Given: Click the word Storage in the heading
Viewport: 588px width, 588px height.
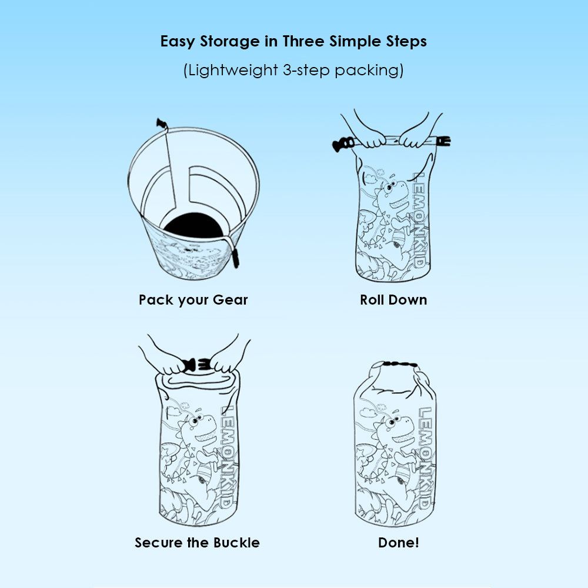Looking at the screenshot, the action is (229, 41).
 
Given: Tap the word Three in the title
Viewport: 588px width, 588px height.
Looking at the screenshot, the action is (303, 41).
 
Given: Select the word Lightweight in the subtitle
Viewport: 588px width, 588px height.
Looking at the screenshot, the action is (232, 70).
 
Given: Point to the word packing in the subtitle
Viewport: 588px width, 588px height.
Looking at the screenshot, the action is (367, 71).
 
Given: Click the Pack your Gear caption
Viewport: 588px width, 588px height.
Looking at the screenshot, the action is (193, 300).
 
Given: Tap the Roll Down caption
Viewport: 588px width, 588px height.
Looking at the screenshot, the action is (393, 300).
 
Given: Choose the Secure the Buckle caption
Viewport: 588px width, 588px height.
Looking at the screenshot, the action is (197, 543).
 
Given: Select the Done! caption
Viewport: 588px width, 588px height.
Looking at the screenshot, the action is (399, 543).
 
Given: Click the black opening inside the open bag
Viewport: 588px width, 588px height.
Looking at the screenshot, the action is (194, 225).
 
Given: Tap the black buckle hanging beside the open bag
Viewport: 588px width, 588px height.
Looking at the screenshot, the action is (235, 258).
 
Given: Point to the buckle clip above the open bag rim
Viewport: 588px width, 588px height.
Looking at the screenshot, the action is (162, 123).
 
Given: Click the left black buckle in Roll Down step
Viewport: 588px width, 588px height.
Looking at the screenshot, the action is (343, 145).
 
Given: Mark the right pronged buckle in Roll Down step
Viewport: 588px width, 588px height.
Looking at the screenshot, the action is (443, 141).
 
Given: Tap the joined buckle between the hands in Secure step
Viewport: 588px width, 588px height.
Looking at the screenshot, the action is (196, 365).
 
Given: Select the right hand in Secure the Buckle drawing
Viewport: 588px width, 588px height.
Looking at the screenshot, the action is (226, 360).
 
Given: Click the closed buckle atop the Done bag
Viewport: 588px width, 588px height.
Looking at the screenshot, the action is (400, 364).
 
